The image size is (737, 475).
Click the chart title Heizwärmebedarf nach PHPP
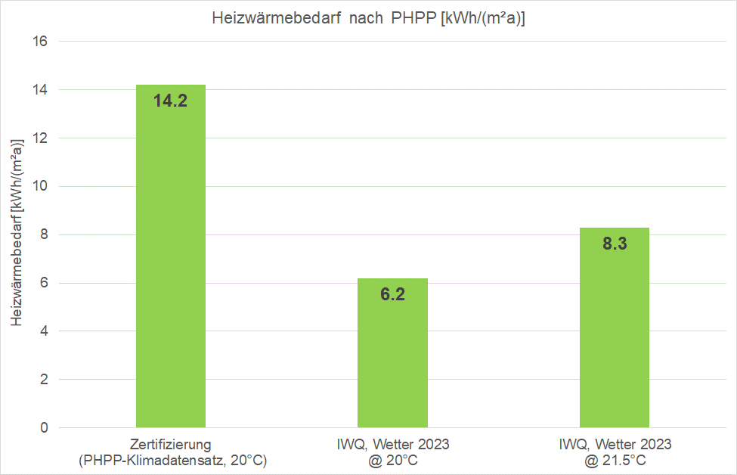[x=368, y=19]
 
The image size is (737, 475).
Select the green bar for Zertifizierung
[x=171, y=265]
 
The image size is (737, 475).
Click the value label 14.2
[x=170, y=101]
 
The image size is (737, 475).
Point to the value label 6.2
[x=392, y=294]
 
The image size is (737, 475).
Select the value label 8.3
[x=614, y=244]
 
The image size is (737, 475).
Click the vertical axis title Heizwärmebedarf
[x=17, y=232]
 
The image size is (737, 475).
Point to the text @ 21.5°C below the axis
[x=614, y=459]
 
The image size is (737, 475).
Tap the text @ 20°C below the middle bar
[x=392, y=459]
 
